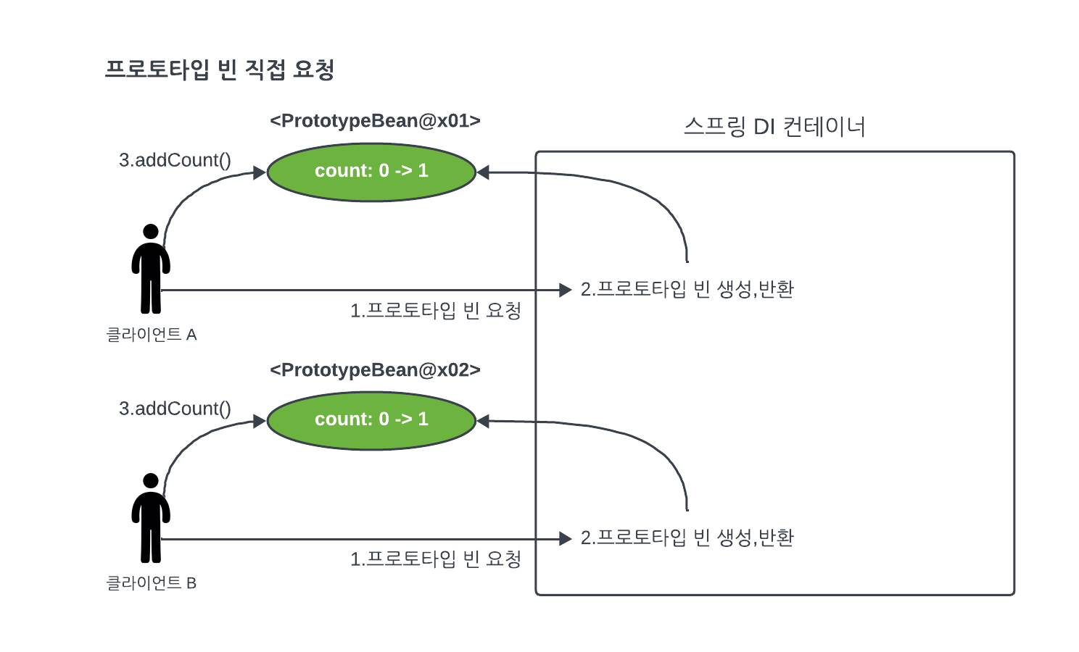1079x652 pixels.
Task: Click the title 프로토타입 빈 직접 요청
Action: [219, 70]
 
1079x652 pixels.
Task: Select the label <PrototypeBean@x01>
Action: [375, 121]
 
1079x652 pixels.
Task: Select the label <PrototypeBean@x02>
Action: [375, 370]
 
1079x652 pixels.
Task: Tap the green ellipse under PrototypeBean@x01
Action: [371, 172]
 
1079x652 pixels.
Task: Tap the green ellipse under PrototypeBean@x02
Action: [371, 420]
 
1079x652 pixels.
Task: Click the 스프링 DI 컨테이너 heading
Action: [774, 127]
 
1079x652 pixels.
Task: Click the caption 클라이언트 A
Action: [152, 335]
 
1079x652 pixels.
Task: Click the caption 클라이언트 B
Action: [152, 583]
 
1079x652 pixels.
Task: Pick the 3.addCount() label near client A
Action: [175, 160]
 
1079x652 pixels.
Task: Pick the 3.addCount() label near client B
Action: [175, 409]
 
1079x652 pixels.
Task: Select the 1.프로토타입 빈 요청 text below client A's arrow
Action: [436, 311]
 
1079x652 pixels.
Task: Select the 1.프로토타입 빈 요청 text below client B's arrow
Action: [436, 559]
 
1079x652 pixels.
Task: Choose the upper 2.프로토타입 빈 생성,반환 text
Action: [687, 289]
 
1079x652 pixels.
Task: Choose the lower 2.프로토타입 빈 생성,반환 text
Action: [687, 538]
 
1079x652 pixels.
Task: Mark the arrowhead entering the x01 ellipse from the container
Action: [483, 172]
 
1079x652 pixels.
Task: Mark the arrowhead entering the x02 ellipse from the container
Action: [483, 421]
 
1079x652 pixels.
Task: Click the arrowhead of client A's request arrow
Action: [566, 290]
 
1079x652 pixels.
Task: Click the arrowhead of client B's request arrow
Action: [566, 538]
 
